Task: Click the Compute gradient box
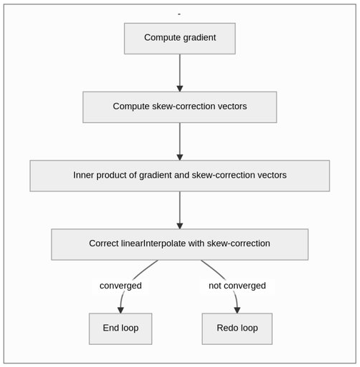coord(180,39)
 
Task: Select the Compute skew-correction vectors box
coord(180,107)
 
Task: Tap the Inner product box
coord(180,176)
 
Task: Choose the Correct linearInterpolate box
coord(180,244)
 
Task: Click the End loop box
coord(121,328)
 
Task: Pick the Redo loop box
coord(237,328)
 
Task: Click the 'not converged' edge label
coord(237,286)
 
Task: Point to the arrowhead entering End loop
coord(121,310)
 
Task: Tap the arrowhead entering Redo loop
coord(237,310)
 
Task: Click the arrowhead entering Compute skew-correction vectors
coord(180,89)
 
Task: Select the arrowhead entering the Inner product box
coord(180,157)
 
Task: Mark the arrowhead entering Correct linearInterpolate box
coord(180,226)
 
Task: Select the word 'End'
coord(111,328)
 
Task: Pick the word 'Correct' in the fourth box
coord(104,243)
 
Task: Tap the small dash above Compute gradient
coord(179,14)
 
